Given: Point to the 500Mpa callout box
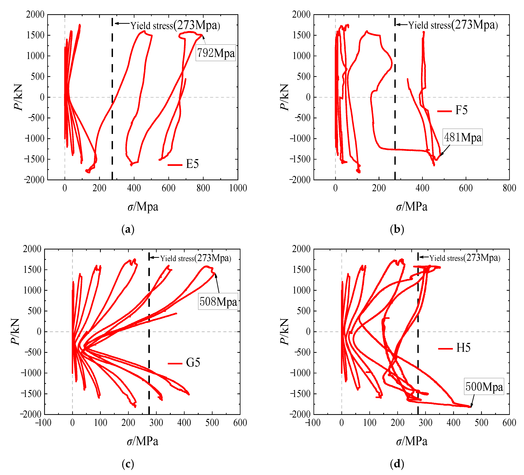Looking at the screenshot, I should [484, 386].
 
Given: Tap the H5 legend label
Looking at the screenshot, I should [463, 348].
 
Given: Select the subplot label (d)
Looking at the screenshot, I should [397, 464].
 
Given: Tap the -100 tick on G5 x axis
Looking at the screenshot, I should [43, 423].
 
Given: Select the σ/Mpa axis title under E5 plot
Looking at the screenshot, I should [143, 207].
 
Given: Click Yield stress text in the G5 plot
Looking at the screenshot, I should [177, 258].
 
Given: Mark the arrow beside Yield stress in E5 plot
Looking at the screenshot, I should [122, 23].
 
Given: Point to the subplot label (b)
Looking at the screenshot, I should [397, 229].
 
